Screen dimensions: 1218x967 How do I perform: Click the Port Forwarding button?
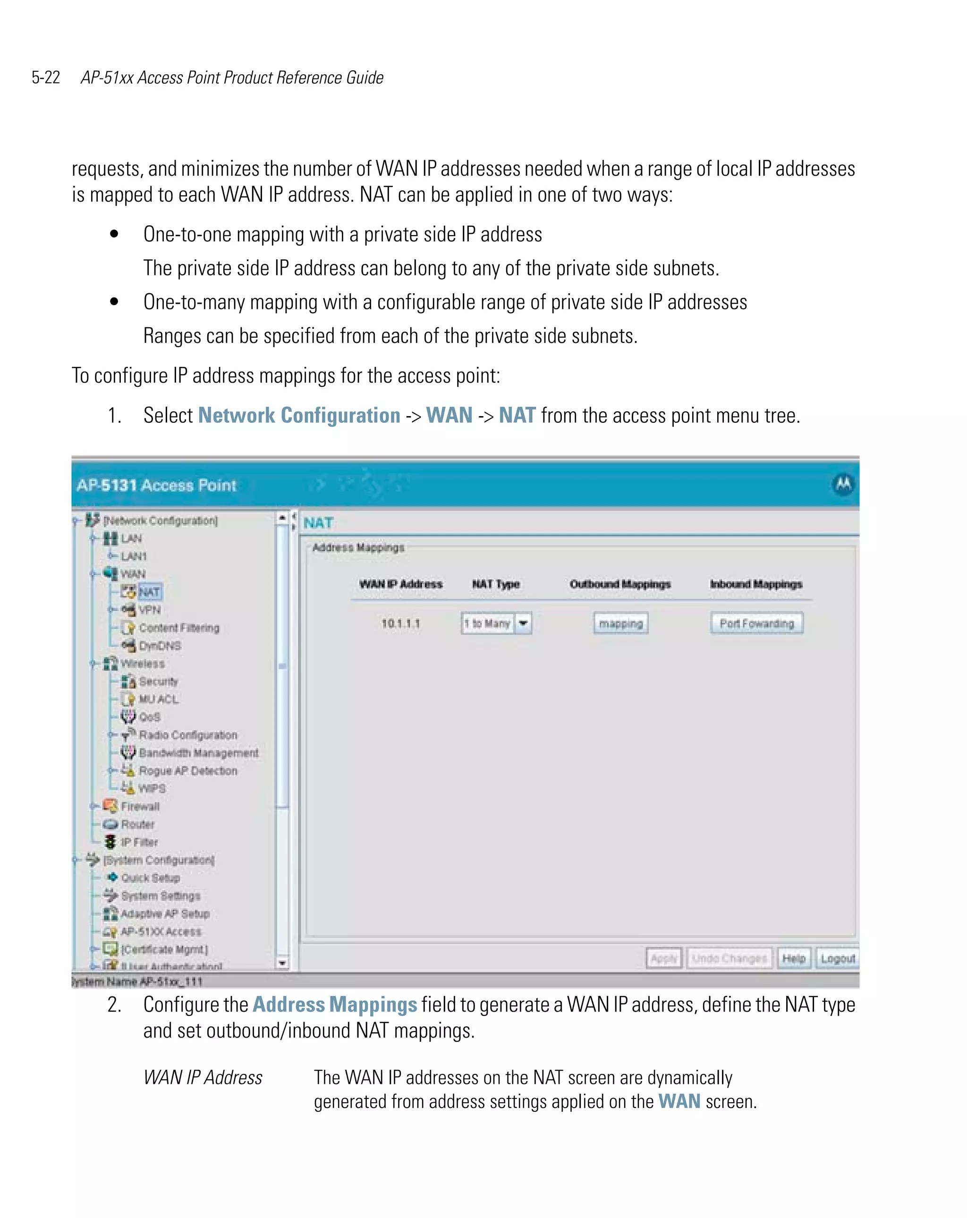(756, 623)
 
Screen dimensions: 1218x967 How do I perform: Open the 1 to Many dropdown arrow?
(523, 623)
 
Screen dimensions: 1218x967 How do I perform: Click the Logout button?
(837, 958)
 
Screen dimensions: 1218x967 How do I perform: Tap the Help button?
(793, 958)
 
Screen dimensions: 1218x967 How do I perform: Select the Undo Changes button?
(729, 958)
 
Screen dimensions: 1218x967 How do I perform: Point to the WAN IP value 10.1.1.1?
(400, 623)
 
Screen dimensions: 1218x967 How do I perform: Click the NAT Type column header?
(495, 584)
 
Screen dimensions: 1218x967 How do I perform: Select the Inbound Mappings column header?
(756, 584)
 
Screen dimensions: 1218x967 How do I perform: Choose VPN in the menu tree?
(150, 610)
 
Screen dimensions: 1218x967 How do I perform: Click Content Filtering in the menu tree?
(178, 628)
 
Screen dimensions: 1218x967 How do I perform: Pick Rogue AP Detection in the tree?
(187, 771)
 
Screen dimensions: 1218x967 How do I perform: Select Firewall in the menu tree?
(140, 806)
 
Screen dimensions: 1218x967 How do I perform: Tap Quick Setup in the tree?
(150, 878)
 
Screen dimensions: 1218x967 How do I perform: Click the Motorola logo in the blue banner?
(843, 484)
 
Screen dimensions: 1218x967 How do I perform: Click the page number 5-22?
(46, 77)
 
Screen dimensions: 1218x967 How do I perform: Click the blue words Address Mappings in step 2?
(334, 1005)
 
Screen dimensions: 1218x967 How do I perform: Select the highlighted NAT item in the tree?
(149, 591)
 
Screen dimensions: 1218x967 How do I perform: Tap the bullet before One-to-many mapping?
(114, 302)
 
